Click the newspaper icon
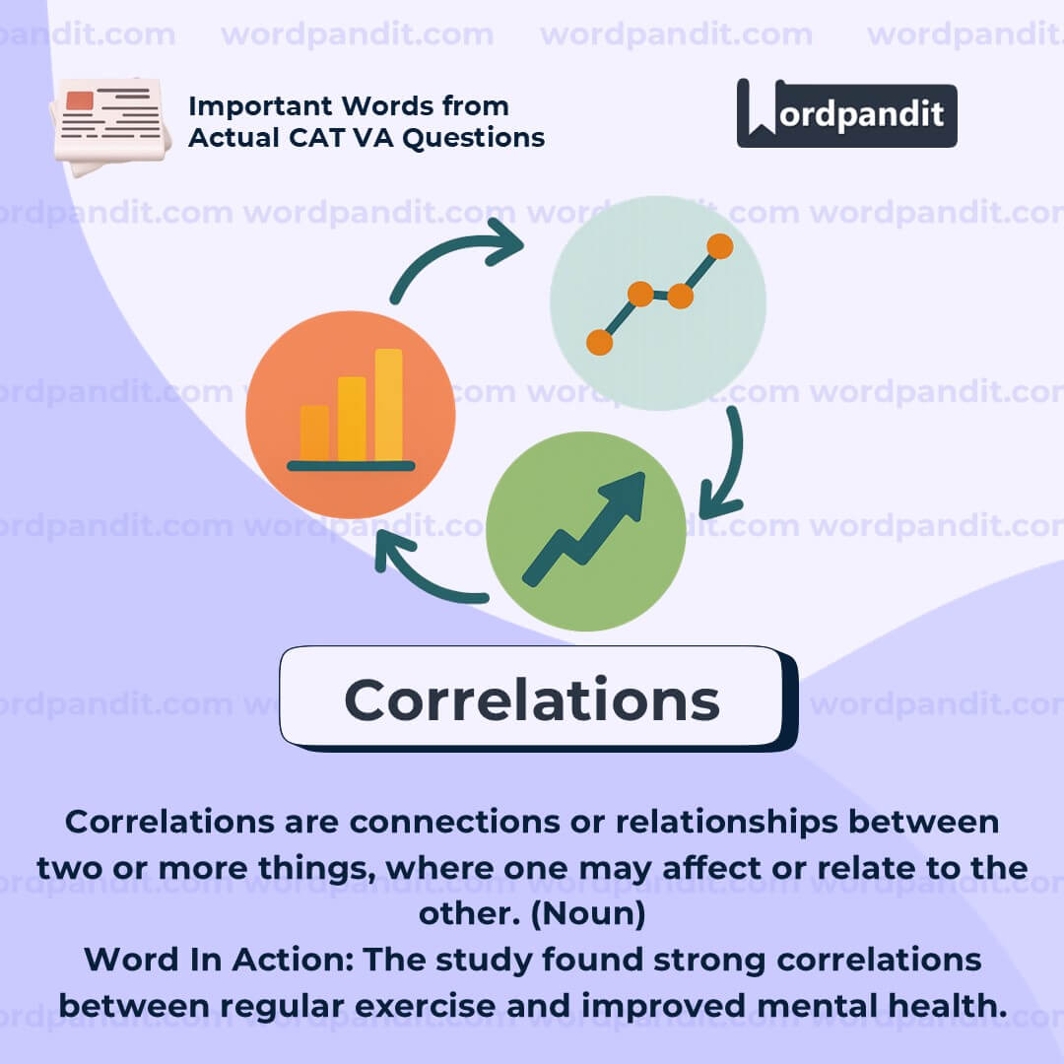(110, 126)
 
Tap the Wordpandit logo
(846, 113)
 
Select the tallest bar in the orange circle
(389, 405)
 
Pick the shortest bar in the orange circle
(315, 432)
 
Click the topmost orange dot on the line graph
(719, 246)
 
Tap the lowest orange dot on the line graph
(599, 342)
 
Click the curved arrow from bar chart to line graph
(448, 247)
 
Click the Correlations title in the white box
(532, 699)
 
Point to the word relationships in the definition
(727, 823)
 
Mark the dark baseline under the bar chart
(351, 465)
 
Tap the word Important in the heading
(260, 106)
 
